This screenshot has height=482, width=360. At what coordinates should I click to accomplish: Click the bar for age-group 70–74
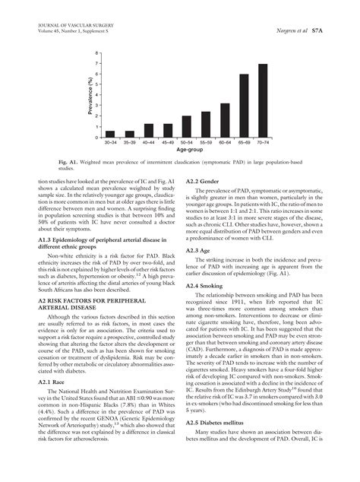[x=262, y=100]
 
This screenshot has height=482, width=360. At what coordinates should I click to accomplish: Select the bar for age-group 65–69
[x=244, y=106]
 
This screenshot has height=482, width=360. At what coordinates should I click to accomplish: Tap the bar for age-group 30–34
[x=110, y=134]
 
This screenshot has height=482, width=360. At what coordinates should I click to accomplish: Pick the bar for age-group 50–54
[x=187, y=126]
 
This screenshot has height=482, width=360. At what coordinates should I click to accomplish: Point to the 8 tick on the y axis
[x=96, y=53]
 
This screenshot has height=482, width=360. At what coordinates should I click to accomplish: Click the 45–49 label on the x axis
[x=168, y=143]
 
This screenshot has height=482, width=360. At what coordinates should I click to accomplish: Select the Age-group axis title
[x=188, y=151]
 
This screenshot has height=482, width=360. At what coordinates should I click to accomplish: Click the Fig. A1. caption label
[x=69, y=163]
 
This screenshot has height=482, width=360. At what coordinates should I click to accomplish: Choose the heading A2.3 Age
[x=199, y=250]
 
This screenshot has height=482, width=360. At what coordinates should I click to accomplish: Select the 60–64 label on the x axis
[x=225, y=143]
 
